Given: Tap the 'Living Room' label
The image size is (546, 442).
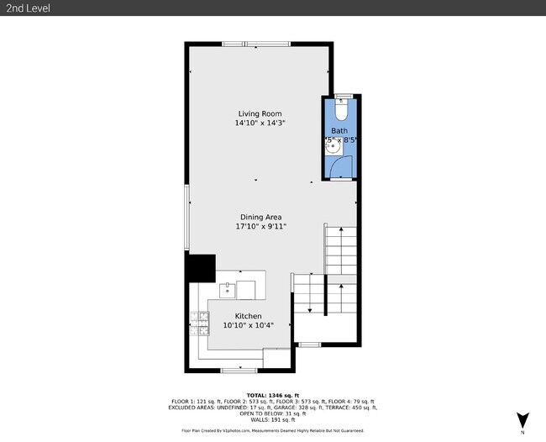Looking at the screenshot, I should tap(260, 113).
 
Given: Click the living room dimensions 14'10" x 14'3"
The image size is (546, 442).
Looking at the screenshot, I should tap(260, 124).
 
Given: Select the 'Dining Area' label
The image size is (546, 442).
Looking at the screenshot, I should tap(261, 217).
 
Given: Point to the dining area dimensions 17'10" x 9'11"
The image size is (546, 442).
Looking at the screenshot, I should tap(261, 227).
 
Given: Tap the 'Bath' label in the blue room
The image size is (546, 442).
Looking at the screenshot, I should tap(339, 131).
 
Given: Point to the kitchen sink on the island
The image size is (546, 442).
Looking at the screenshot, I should tap(227, 290).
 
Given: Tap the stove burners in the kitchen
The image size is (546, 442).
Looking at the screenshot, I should tap(199, 322).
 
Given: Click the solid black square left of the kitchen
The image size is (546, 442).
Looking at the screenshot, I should tap(200, 269).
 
